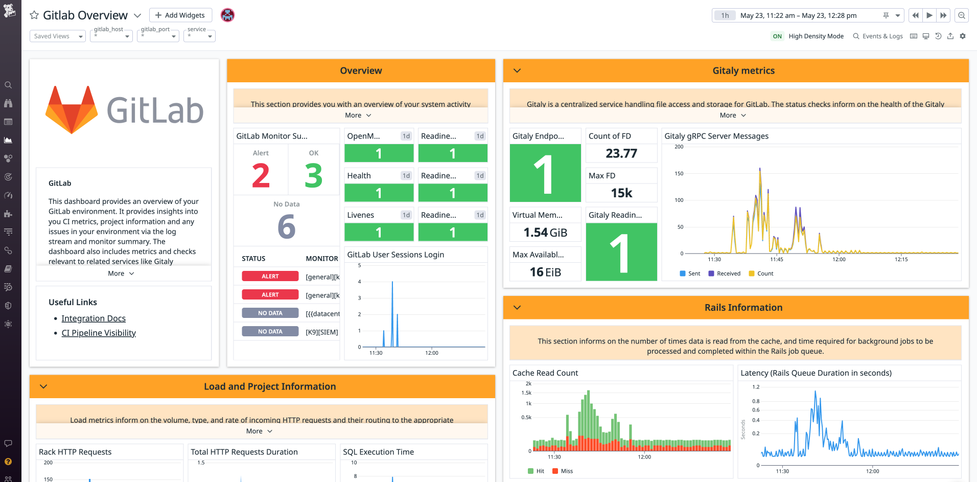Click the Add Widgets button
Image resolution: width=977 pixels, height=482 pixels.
[x=180, y=15]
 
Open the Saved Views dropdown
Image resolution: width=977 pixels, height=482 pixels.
[x=58, y=36]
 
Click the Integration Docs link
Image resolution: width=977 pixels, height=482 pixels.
[x=94, y=318]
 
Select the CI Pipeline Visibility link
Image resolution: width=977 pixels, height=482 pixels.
[x=99, y=333]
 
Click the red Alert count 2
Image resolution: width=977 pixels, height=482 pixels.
[x=261, y=176]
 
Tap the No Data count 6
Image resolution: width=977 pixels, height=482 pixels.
[x=286, y=226]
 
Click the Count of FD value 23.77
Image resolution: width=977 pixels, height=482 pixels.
[x=621, y=153]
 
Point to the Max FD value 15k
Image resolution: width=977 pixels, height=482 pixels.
[x=621, y=193]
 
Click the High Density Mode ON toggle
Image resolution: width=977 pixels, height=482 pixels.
[x=777, y=36]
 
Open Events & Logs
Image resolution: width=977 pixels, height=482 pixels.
[x=878, y=36]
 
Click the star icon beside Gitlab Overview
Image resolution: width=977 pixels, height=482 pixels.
[x=34, y=15]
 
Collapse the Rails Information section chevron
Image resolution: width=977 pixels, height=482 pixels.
[x=517, y=307]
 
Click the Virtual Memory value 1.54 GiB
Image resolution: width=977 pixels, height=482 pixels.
[x=545, y=233]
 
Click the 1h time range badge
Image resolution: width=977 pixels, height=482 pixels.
[x=725, y=15]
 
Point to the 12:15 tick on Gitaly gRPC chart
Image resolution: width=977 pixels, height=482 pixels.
[x=901, y=259]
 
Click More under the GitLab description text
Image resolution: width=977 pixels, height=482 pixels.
[x=121, y=273]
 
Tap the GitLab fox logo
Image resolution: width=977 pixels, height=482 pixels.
[x=72, y=109]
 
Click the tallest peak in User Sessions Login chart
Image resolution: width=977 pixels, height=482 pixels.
[x=392, y=282]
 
